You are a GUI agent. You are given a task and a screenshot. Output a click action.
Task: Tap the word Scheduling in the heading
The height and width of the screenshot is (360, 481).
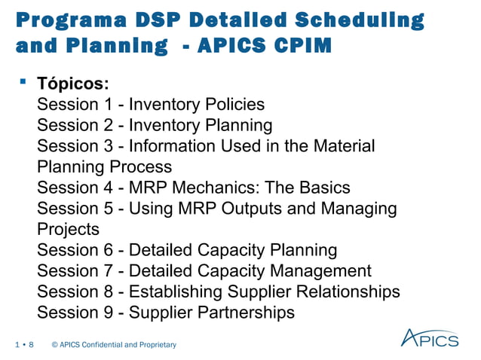click(367, 20)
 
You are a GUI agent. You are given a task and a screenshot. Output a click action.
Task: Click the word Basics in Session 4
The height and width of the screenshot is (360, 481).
click(324, 188)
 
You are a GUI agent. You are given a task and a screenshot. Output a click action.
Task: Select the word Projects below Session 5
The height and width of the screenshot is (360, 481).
click(68, 229)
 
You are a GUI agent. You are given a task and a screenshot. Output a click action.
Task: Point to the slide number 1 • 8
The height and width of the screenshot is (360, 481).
click(24, 345)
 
